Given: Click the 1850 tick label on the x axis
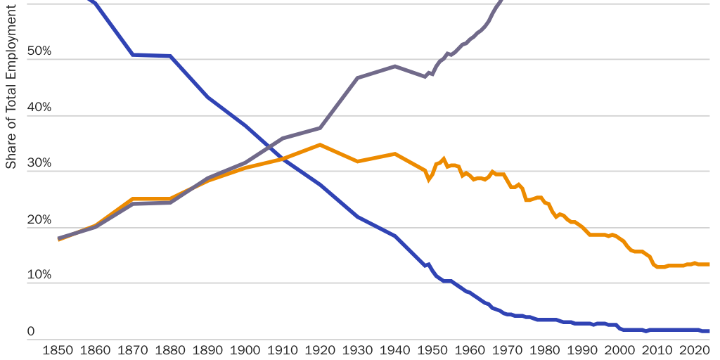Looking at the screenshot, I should (x=58, y=350).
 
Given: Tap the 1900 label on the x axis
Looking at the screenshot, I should (x=245, y=350).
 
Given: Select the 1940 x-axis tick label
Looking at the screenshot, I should (x=395, y=350).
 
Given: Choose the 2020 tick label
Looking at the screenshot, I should (x=695, y=350).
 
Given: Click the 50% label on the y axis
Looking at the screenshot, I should (x=39, y=51).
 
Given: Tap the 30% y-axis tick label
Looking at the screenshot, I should (x=39, y=162).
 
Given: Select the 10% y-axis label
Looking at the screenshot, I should (x=39, y=274).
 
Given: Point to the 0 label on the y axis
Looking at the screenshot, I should (x=31, y=330).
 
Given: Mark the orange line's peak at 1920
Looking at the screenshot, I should (x=320, y=145).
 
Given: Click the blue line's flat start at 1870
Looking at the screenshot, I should (x=133, y=54).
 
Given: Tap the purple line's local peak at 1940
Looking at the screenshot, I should (x=395, y=66).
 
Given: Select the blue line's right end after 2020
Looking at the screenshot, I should (x=708, y=331).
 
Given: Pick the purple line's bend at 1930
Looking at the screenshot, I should (x=357, y=78).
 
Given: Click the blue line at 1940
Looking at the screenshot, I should (x=395, y=236).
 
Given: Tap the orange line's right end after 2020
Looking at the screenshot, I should (x=708, y=264).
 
